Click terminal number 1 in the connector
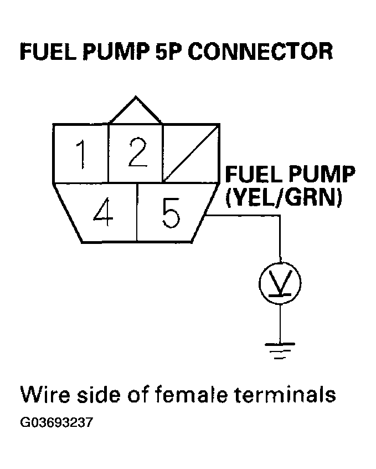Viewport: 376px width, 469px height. [81, 154]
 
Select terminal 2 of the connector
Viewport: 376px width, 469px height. [135, 154]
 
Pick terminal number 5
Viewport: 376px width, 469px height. [170, 213]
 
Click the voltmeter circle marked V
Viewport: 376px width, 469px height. [280, 283]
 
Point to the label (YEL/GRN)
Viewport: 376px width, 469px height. [282, 197]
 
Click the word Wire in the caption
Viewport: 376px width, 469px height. [42, 395]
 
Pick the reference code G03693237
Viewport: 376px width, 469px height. [56, 423]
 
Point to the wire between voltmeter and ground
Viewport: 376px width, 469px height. [280, 322]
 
